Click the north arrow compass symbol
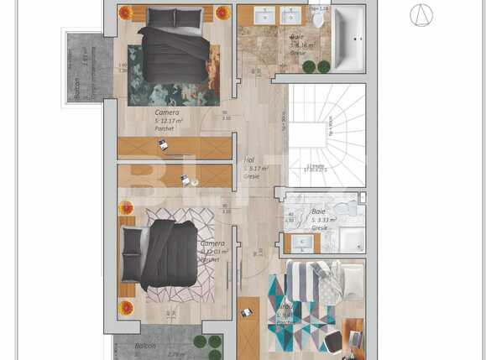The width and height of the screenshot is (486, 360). [421, 15]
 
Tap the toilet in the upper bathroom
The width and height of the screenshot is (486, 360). [318, 18]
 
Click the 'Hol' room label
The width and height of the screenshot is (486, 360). [249, 159]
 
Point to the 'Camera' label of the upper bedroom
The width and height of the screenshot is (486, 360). [167, 112]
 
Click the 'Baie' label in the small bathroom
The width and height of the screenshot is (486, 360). [319, 211]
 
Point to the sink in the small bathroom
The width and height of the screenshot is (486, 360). [302, 243]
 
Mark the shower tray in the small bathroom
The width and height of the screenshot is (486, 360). [351, 239]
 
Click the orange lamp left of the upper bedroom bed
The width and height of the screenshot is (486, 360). [125, 13]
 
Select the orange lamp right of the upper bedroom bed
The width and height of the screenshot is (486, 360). [222, 13]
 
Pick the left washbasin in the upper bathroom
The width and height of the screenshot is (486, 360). [267, 16]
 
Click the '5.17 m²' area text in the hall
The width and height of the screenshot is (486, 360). [253, 168]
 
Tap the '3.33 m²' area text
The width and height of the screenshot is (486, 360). [324, 220]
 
